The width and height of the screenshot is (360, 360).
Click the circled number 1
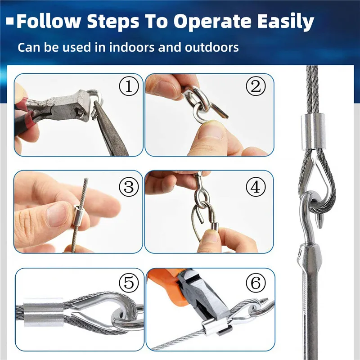[x=129, y=86]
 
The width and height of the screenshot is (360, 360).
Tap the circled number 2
[x=256, y=86]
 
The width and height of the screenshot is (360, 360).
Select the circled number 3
[x=129, y=187]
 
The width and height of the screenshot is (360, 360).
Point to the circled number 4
[x=256, y=187]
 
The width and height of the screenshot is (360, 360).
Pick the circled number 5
[x=129, y=283]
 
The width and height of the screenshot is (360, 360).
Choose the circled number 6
[x=256, y=283]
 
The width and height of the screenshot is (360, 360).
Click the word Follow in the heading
[x=49, y=21]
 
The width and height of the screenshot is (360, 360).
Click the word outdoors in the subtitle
[x=211, y=47]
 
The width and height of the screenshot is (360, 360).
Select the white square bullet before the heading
[x=10, y=21]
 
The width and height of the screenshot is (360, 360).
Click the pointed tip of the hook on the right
[x=319, y=227]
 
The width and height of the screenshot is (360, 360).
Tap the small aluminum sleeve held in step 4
[x=215, y=228]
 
